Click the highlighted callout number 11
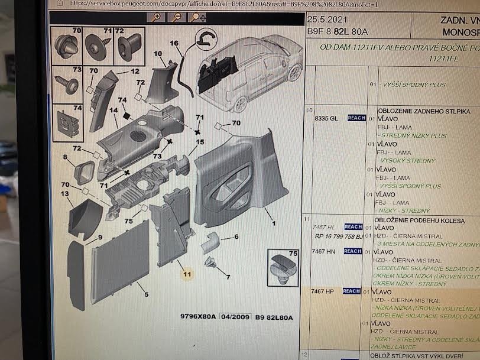(187, 274)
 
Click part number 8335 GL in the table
(326, 118)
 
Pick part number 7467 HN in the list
(324, 251)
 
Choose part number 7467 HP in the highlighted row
(324, 291)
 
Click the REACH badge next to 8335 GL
(356, 118)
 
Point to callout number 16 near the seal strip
(174, 43)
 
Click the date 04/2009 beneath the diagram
(233, 318)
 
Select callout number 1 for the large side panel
(274, 224)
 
